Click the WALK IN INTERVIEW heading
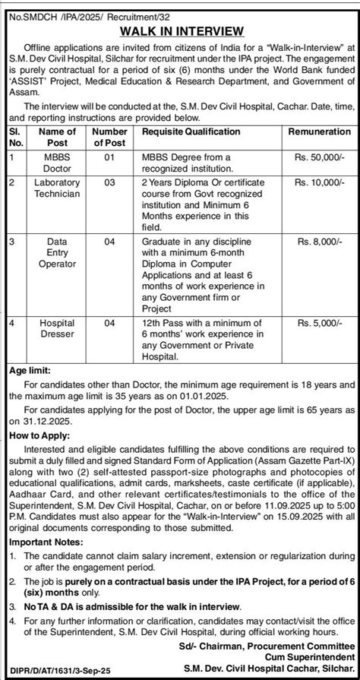click(x=180, y=31)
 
